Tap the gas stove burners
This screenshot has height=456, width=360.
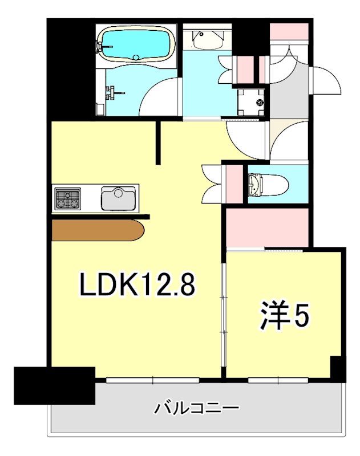tap(68, 199)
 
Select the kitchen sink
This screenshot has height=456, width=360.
tap(119, 198)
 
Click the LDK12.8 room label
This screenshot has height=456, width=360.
tap(137, 284)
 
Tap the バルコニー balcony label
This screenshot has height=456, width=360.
tap(197, 408)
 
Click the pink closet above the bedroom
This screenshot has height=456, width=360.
tap(267, 228)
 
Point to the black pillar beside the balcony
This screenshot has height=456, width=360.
tap(54, 385)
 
